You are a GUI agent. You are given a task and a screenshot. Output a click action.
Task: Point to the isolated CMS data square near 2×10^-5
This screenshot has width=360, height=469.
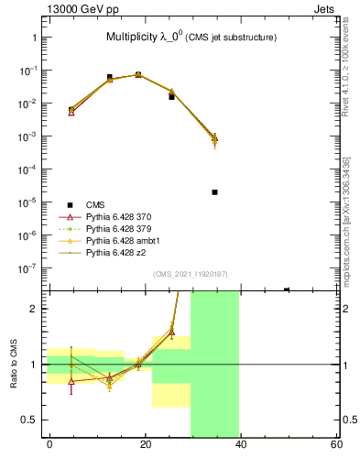click(213, 192)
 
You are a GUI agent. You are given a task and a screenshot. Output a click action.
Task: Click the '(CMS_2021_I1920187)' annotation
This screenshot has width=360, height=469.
click(190, 274)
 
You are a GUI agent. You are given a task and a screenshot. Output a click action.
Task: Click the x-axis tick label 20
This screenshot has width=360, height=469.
click(145, 444)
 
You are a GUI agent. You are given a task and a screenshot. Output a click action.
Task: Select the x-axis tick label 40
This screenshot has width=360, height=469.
click(240, 444)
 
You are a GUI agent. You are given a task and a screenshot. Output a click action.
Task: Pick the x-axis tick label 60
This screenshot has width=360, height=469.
click(336, 444)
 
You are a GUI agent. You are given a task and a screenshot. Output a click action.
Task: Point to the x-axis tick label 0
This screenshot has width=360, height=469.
click(49, 444)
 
